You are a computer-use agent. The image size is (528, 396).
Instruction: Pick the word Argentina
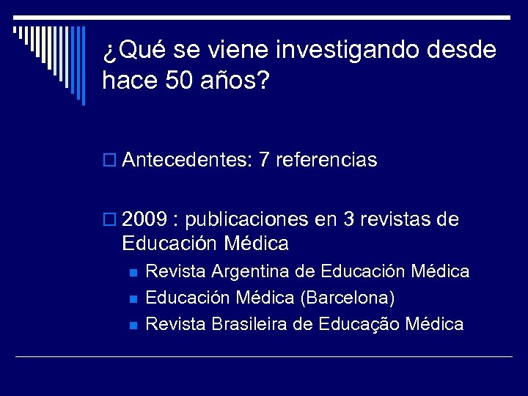253,272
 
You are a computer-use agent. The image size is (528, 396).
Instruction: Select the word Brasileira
252,324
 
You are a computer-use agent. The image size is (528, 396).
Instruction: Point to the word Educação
359,324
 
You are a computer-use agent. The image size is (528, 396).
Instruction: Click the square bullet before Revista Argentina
133,273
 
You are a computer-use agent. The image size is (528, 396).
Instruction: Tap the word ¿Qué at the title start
129,51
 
